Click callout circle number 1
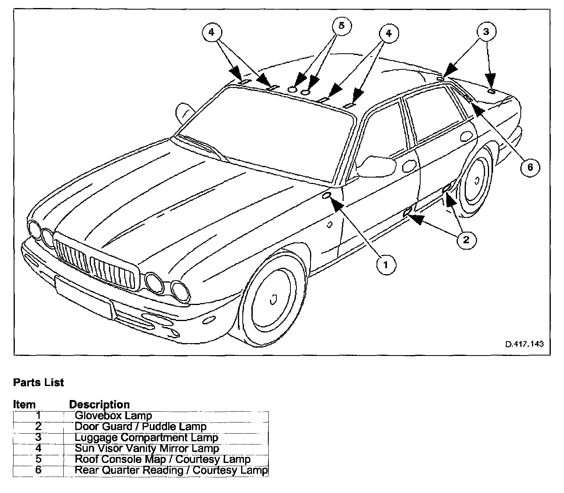(385, 265)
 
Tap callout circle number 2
(465, 240)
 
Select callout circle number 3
(486, 32)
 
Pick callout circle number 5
(341, 26)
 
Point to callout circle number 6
(530, 167)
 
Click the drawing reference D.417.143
(524, 344)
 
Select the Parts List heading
(38, 382)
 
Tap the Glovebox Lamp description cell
(113, 416)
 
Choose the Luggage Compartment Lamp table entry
(146, 437)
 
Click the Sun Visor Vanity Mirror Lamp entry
(147, 448)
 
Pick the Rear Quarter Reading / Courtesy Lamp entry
(171, 470)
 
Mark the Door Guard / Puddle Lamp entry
(140, 426)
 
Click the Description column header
(99, 404)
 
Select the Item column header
(24, 404)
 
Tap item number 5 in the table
(38, 459)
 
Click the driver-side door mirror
(375, 166)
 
